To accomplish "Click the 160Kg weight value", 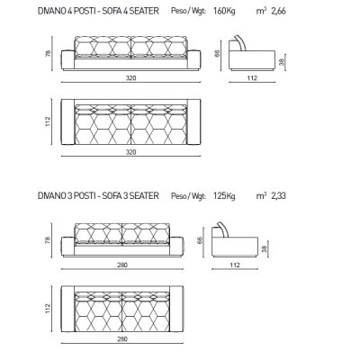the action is coord(224,11).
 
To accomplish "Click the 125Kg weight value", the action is coord(224,196).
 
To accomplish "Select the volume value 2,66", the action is coord(278,12).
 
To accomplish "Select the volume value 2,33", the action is coord(278,196).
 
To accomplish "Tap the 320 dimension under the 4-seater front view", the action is coord(130,78).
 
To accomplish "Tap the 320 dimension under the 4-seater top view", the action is coord(130,152).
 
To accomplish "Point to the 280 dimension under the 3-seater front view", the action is coord(122,265).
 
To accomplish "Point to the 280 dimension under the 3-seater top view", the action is coord(122,339).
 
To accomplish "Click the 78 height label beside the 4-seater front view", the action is coord(48,54).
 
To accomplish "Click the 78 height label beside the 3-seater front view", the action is coord(48,240).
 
